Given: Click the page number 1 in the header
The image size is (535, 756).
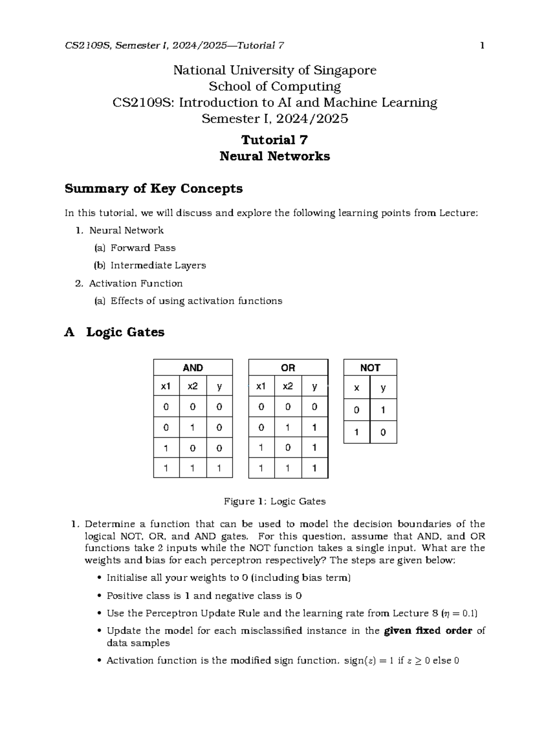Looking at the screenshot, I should (482, 45).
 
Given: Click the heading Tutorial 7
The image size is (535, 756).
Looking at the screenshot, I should (274, 140).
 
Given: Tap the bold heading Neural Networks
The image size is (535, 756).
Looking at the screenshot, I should (274, 156).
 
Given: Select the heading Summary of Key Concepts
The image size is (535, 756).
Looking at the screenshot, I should (153, 189).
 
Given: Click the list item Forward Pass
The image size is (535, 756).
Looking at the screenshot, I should (143, 248).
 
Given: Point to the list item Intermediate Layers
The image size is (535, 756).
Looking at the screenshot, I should (158, 265).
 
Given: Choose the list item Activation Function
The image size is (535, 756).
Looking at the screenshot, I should (136, 283).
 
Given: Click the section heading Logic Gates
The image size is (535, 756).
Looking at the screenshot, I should (125, 332).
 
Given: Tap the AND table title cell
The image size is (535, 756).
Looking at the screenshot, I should (193, 368).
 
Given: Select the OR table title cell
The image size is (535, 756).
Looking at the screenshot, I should (288, 368).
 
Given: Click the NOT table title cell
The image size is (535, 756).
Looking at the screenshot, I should (370, 368).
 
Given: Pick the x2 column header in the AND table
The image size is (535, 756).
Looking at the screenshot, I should (193, 386).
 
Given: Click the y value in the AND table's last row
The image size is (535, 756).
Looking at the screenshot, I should (219, 468).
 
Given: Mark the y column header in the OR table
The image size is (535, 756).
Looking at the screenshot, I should (315, 386).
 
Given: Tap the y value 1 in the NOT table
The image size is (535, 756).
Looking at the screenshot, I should (383, 410).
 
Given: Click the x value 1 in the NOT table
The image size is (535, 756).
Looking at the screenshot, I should (357, 432).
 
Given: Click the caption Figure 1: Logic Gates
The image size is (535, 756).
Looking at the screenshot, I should (274, 501).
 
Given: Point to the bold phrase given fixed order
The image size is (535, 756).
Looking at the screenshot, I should (428, 631).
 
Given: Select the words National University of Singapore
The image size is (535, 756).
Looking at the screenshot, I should (274, 70).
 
